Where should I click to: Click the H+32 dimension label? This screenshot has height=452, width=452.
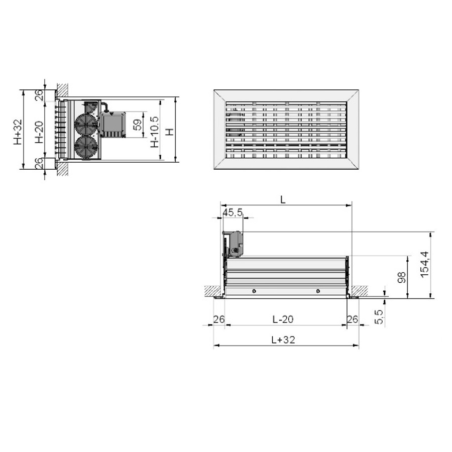[x=18, y=132]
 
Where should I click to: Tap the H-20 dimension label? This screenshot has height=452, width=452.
[x=39, y=132]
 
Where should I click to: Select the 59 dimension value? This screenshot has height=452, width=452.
[x=138, y=125]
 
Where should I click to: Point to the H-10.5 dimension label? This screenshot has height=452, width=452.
[x=155, y=132]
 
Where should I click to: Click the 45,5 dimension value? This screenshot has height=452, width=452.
[x=233, y=213]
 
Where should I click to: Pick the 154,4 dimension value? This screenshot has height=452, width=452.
[x=424, y=265]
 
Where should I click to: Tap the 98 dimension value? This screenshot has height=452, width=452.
[x=402, y=277]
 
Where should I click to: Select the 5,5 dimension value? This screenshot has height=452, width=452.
[x=379, y=317]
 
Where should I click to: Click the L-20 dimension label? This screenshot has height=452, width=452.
[x=283, y=319]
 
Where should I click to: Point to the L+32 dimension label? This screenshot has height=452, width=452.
[x=283, y=340]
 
